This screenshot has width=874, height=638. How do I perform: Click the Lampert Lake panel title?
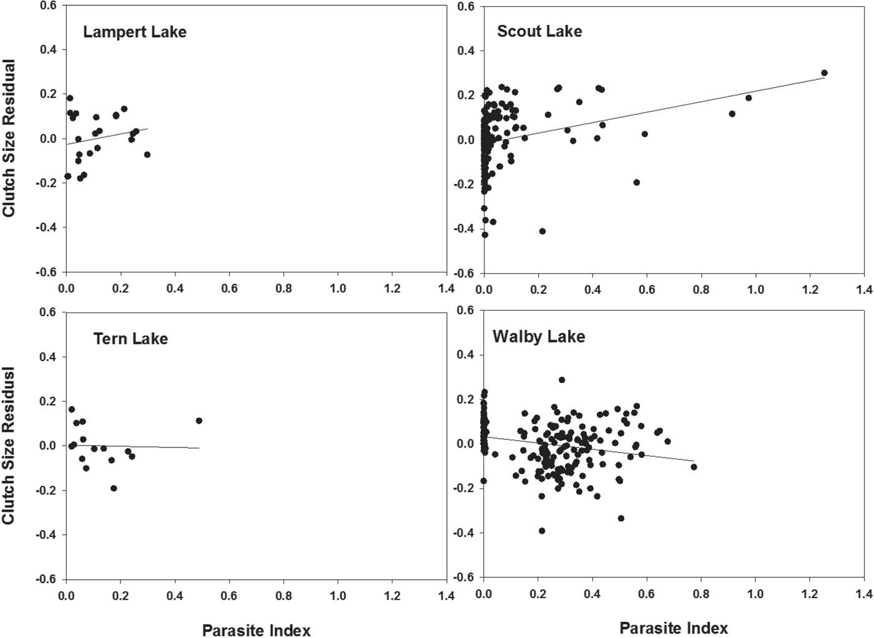[x=134, y=32]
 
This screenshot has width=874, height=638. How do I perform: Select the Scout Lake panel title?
[x=539, y=31]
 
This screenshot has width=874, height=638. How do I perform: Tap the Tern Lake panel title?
[x=130, y=339]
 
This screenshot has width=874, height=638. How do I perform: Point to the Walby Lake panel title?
[x=539, y=337]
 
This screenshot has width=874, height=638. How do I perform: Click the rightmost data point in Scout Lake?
[x=824, y=73]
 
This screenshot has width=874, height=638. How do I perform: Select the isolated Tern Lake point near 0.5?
[x=199, y=421]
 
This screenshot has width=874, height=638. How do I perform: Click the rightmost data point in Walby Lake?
[x=694, y=467]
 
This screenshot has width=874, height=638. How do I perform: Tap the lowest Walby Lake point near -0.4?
[x=542, y=531]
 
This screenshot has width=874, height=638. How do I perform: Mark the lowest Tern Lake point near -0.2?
[x=114, y=488]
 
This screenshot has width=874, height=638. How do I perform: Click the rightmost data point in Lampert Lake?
[x=147, y=154]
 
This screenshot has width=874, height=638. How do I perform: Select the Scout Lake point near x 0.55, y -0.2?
[x=637, y=182]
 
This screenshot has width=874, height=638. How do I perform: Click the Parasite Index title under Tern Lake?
[x=256, y=631]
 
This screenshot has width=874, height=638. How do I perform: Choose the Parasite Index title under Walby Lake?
[x=674, y=627]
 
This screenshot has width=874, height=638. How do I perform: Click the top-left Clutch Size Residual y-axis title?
[x=9, y=138]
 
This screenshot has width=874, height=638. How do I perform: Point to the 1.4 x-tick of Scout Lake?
[x=864, y=290]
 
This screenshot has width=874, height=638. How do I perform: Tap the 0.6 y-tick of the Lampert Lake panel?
[x=48, y=6]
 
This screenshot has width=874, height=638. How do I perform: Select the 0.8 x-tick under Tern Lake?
[x=283, y=596]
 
